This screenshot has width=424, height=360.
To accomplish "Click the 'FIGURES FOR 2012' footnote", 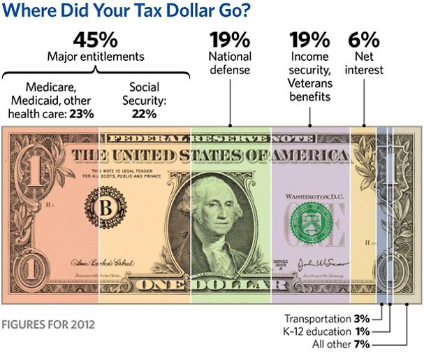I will pyautogui.click(x=48, y=325).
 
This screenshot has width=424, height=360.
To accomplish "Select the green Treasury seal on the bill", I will pyautogui.click(x=310, y=229).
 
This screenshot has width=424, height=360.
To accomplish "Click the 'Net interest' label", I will pyautogui.click(x=369, y=63).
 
